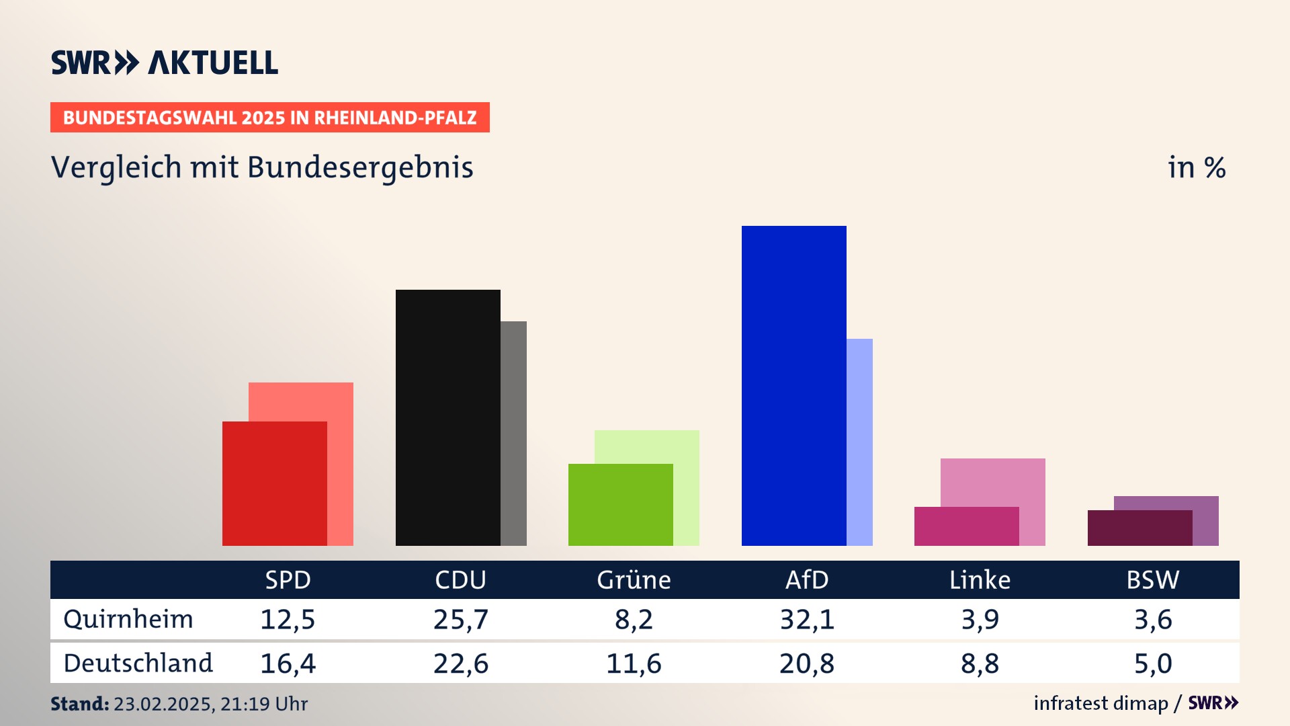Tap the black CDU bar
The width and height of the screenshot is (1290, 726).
pos(447,417)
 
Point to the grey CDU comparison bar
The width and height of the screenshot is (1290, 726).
pos(513,433)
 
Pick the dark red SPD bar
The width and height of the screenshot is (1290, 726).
pos(274,483)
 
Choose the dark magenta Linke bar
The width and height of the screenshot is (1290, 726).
pos(966,526)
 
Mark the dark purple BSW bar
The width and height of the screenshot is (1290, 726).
pos(1139,528)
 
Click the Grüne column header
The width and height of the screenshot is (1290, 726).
pos(634,579)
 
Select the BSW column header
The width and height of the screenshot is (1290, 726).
pos(1152,579)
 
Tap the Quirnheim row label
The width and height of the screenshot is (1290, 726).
pos(128,619)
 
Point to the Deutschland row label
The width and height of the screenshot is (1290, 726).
pos(138,663)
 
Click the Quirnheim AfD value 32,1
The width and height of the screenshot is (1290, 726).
pos(807,619)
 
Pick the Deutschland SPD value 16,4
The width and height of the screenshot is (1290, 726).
pos(288,663)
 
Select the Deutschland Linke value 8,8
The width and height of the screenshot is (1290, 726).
pos(980,663)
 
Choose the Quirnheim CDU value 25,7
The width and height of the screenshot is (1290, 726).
pos(460,619)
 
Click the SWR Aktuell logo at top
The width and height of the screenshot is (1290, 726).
pos(165,63)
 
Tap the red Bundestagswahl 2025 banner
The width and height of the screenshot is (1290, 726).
pos(269,118)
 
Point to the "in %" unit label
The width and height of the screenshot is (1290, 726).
pos(1196,167)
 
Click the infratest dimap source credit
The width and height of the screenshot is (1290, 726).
pos(1101,703)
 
